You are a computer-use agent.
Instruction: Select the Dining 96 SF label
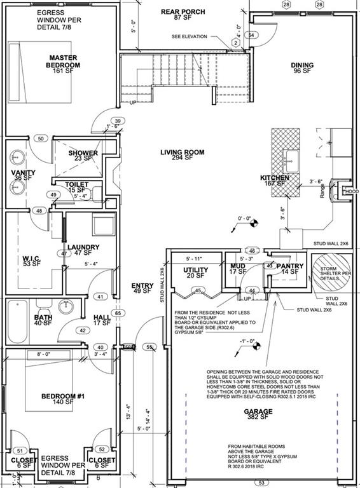(302, 68)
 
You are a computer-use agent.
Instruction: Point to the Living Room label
(181, 156)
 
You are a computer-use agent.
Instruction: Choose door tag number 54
(252, 34)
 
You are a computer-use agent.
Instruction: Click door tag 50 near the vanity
(40, 138)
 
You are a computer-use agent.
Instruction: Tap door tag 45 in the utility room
(199, 290)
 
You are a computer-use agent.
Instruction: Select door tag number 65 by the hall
(117, 313)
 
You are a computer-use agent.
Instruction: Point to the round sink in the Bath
(66, 307)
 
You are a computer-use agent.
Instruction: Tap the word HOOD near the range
(352, 190)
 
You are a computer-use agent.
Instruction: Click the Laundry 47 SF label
(83, 250)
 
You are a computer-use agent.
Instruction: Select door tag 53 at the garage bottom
(260, 482)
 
